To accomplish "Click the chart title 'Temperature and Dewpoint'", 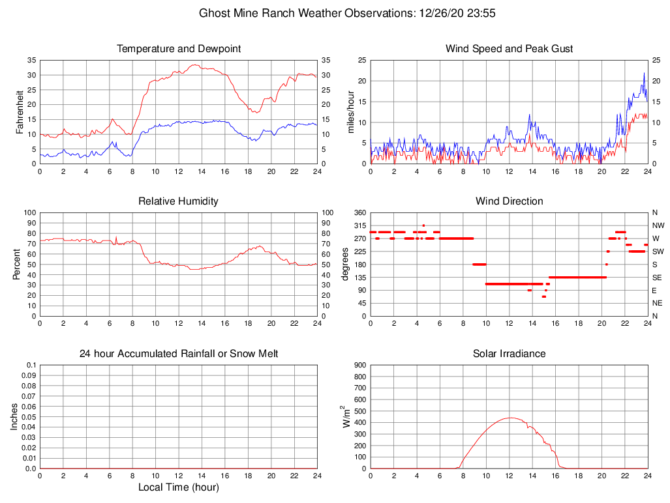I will coord(178,49).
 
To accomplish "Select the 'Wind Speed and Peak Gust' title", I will coord(509,49).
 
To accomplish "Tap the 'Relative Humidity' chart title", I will coord(178,201).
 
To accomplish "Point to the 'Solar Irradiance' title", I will coord(509,354).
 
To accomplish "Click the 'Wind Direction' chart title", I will coord(509,201).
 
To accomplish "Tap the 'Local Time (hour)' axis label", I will coord(178,487).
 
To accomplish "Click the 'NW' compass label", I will coord(655,225).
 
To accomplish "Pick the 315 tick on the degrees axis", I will coord(360,225).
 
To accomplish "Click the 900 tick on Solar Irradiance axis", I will coord(360,365).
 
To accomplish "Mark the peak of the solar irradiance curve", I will coord(509,418).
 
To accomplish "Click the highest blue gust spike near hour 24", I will coord(644,73).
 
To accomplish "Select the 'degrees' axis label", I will coord(345,265).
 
